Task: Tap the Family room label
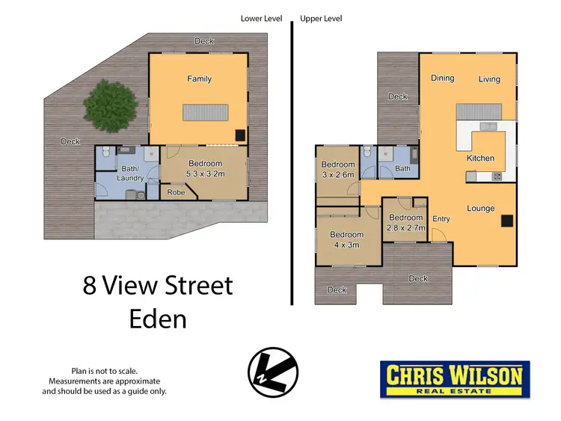(199, 79)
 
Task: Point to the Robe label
(177, 191)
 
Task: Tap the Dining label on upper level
(442, 78)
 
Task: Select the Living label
(489, 79)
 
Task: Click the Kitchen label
(480, 158)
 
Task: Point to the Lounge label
(480, 208)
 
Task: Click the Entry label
(441, 218)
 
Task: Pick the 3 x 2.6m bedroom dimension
(338, 176)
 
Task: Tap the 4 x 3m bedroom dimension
(346, 245)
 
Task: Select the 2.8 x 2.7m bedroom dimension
(405, 227)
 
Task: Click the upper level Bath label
(402, 168)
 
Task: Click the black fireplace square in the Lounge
(507, 220)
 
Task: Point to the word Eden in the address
(157, 319)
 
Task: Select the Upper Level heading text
(322, 18)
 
